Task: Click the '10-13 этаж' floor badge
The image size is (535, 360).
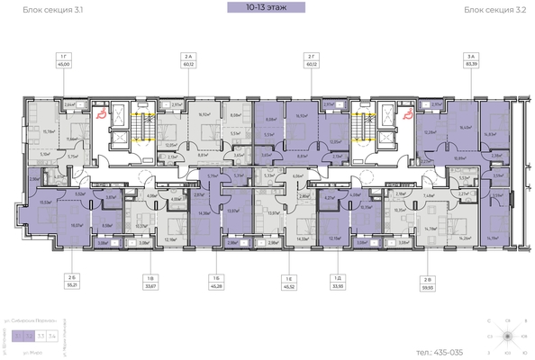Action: tap(267, 9)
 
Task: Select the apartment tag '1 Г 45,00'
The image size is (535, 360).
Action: tap(65, 60)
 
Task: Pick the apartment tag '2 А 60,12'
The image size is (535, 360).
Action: tap(188, 60)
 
